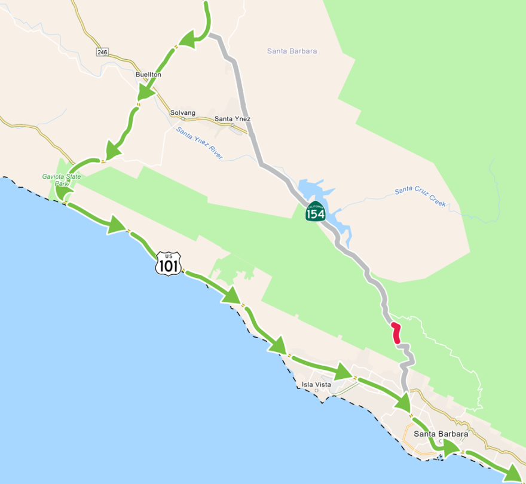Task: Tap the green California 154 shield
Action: (x=315, y=212)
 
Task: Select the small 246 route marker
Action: (x=102, y=52)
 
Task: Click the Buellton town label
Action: (x=148, y=75)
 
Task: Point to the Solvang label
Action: (x=183, y=112)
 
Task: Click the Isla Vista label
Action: (x=317, y=384)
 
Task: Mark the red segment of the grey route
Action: (x=396, y=332)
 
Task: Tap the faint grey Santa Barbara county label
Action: (x=292, y=51)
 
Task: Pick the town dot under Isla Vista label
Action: (x=317, y=391)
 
